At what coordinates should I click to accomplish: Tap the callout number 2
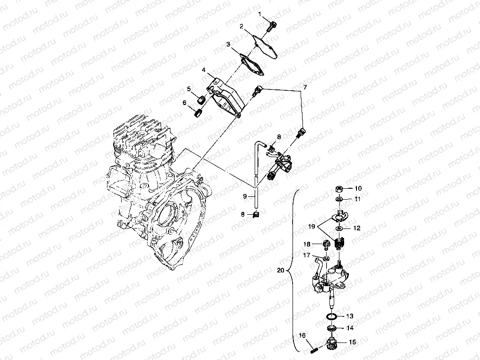pyautogui.click(x=241, y=26)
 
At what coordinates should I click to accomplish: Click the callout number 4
pyautogui.click(x=204, y=70)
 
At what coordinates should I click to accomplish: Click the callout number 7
pyautogui.click(x=305, y=87)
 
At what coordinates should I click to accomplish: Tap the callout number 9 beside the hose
pyautogui.click(x=245, y=195)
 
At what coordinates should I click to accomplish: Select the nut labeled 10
pyautogui.click(x=340, y=188)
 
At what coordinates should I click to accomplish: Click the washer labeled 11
pyautogui.click(x=340, y=199)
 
